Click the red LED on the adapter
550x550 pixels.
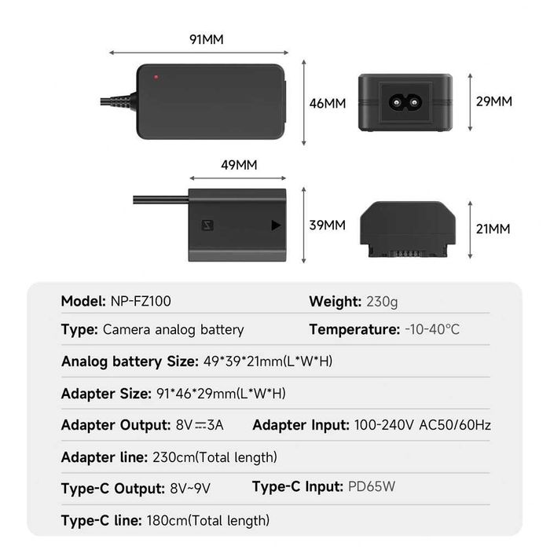[x=156, y=77]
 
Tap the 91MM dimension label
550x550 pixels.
[x=206, y=39]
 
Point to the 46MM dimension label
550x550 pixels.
[x=328, y=104]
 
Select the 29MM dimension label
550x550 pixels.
[x=494, y=101]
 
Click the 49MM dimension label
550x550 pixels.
[x=239, y=165]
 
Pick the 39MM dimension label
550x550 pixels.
[x=328, y=225]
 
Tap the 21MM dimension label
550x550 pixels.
[x=493, y=229]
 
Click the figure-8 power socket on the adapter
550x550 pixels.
[x=405, y=103]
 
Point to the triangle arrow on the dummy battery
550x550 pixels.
[x=276, y=225]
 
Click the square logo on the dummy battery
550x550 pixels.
[x=207, y=225]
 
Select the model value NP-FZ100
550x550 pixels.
[x=141, y=301]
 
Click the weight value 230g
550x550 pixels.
[x=382, y=302]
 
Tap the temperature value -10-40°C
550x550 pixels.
[x=432, y=329]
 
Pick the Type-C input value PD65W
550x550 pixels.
[x=372, y=486]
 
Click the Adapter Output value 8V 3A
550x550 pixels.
[x=200, y=425]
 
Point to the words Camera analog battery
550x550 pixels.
[x=174, y=330]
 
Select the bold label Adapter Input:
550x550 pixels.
[x=301, y=426]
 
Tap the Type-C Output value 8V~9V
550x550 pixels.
[x=190, y=488]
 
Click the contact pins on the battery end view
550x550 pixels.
[x=408, y=252]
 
